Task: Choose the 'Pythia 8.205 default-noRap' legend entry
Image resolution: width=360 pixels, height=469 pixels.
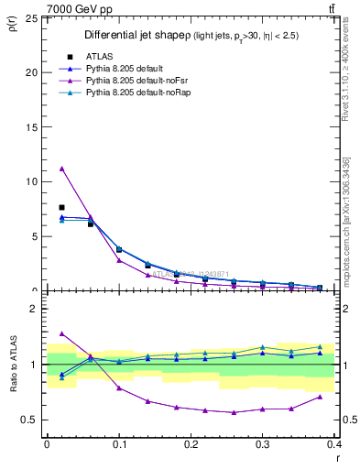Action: click(137, 93)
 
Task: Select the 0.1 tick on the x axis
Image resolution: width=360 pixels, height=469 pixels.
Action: click(119, 444)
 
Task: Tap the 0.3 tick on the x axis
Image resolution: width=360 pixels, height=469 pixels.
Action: click(263, 444)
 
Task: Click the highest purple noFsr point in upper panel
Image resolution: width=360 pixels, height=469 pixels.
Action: click(61, 169)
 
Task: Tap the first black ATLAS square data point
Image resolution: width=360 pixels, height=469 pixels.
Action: click(61, 207)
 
